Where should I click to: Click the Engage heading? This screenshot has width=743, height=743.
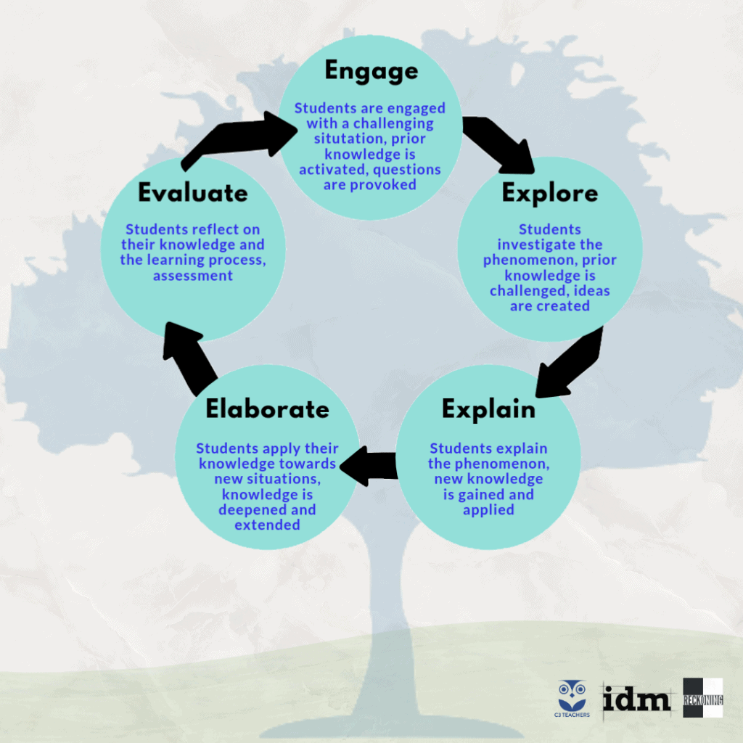(x=371, y=71)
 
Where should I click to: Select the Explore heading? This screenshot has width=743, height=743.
(x=550, y=193)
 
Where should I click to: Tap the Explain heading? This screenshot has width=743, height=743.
(x=488, y=409)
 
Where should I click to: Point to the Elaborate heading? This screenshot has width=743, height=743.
(x=267, y=409)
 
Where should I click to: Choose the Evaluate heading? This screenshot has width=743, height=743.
(x=193, y=193)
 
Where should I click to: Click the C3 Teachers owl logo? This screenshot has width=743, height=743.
(x=573, y=698)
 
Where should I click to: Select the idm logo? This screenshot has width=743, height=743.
(x=636, y=699)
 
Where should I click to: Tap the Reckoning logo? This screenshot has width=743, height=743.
(x=702, y=698)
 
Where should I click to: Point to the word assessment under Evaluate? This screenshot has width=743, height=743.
(x=193, y=275)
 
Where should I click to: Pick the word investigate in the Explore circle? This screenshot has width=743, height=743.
(x=549, y=245)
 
